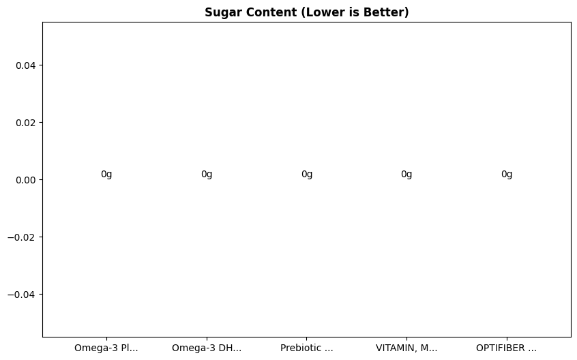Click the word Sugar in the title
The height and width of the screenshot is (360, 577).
tap(221, 12)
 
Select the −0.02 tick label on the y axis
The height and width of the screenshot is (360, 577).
tap(23, 237)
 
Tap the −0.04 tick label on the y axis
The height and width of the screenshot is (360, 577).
tap(23, 295)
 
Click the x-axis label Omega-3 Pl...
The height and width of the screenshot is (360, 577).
tap(106, 348)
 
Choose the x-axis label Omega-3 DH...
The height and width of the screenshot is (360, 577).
tap(207, 348)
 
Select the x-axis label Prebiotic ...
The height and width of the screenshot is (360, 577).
tap(307, 348)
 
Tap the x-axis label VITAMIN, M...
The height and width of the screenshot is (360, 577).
tap(406, 348)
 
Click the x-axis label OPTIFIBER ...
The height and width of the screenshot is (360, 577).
tap(506, 348)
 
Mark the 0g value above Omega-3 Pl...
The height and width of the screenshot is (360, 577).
tap(106, 174)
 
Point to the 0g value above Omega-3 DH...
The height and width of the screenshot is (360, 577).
tap(207, 174)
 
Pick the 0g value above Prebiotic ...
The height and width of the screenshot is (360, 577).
tap(307, 174)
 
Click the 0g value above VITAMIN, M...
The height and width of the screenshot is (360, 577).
tap(406, 174)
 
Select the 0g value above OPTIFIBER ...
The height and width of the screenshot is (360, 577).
tap(507, 174)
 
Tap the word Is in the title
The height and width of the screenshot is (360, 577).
tap(344, 12)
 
